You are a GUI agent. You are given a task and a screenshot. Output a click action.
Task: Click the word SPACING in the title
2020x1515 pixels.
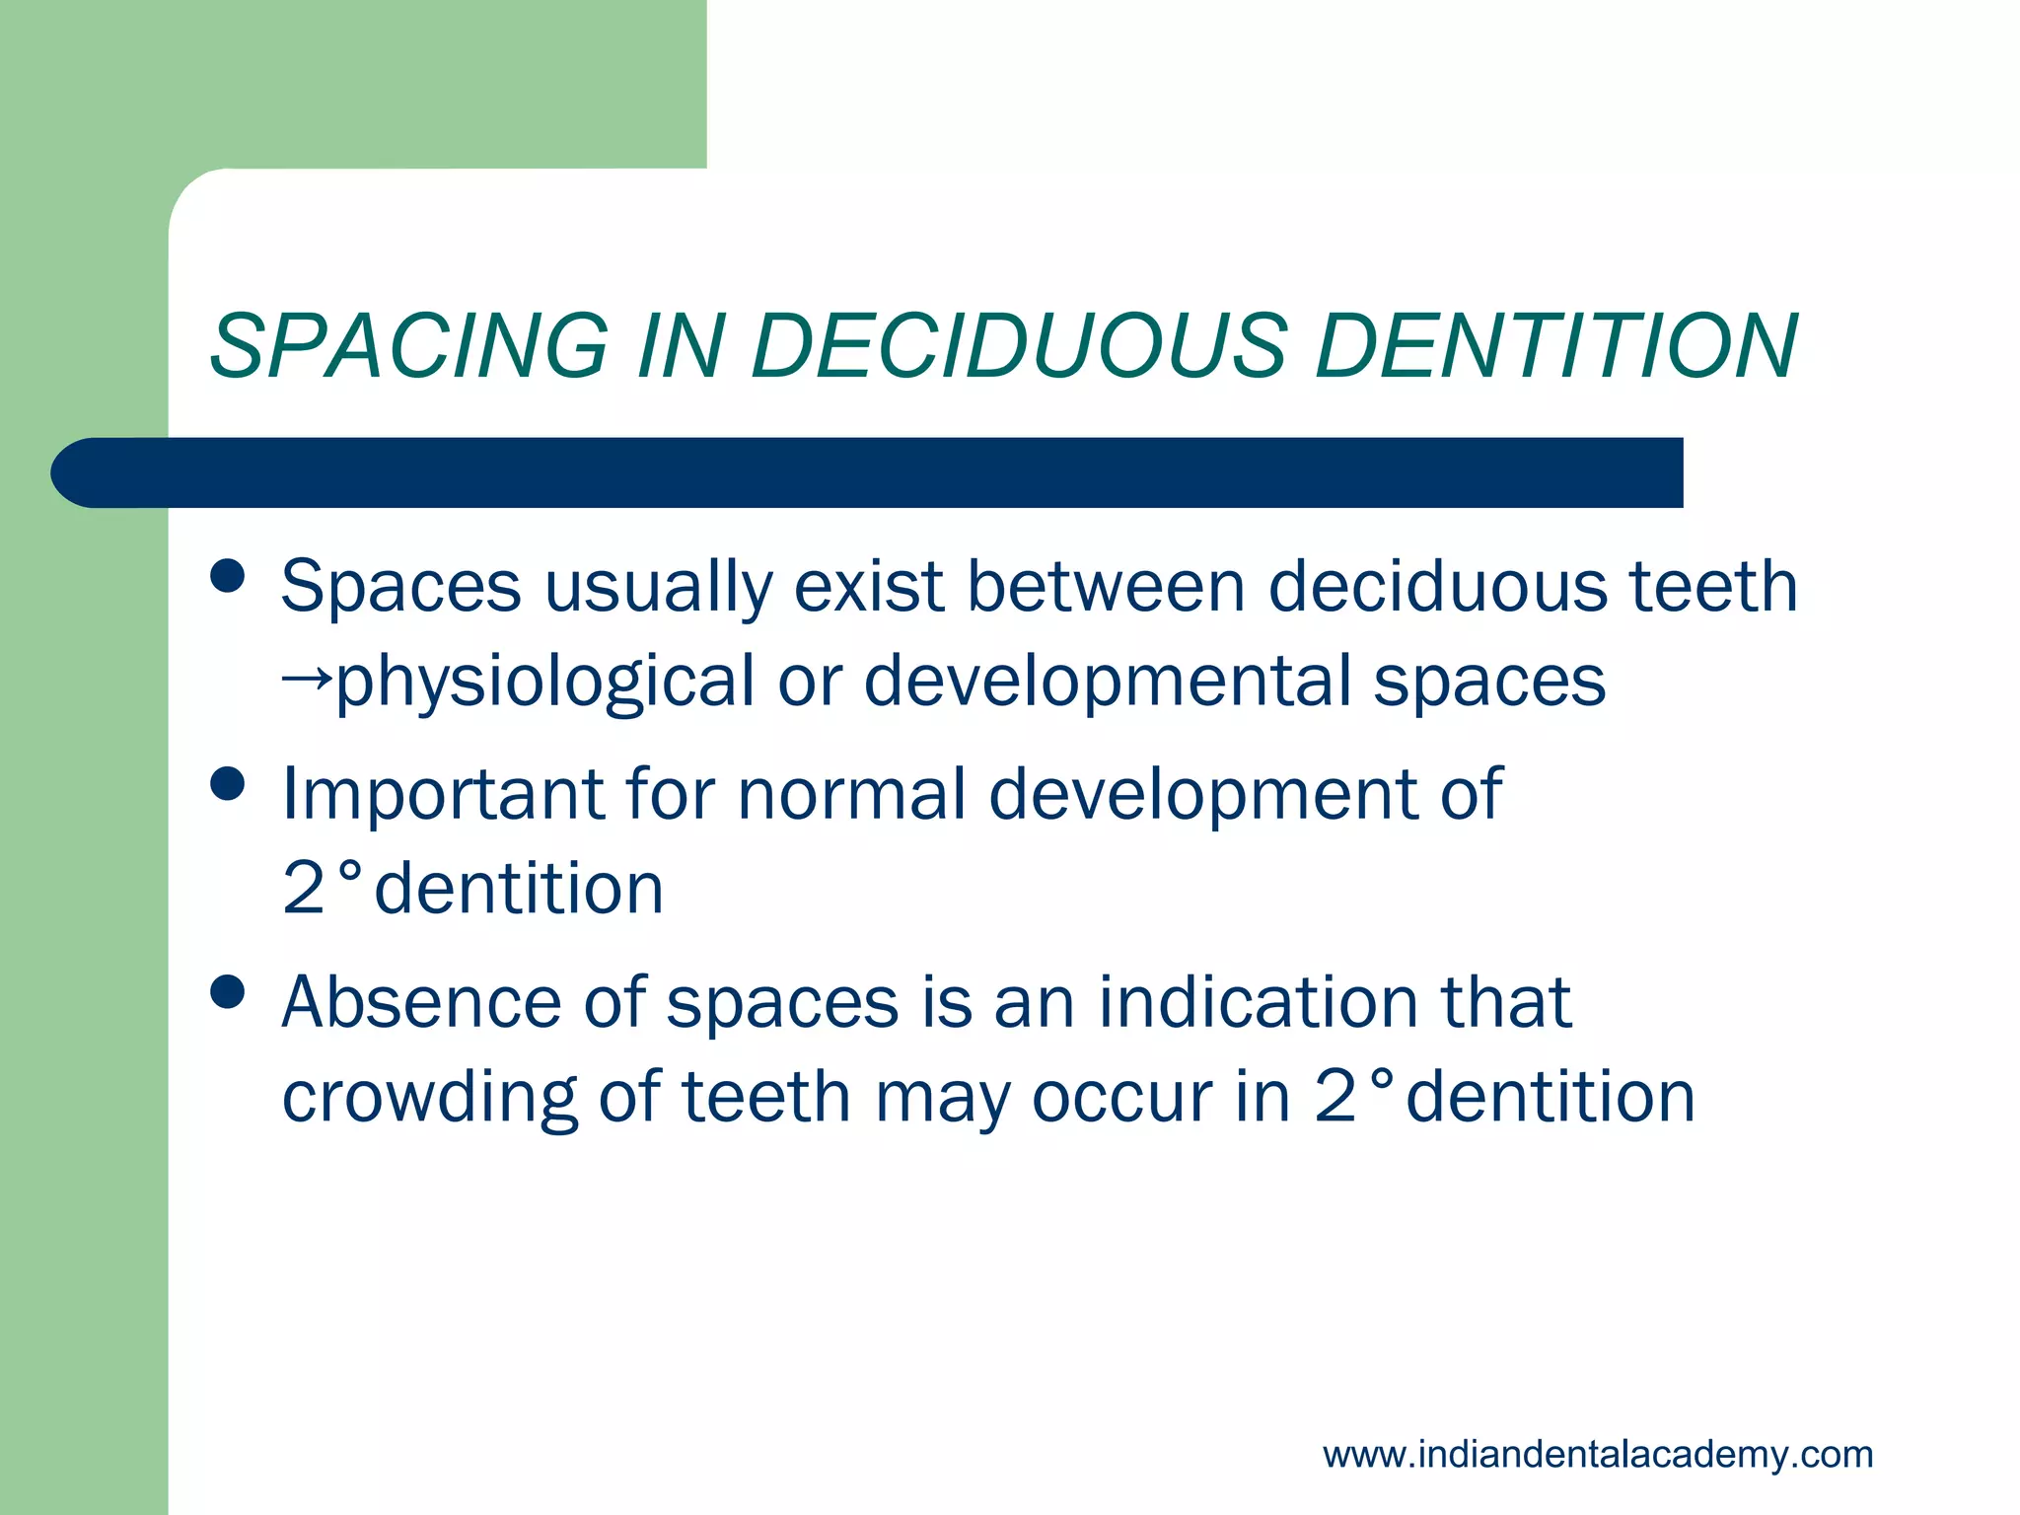point(409,346)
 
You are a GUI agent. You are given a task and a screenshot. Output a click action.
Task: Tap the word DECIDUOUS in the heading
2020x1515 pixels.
point(1019,346)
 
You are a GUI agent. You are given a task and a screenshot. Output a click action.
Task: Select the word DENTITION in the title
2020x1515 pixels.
point(1556,346)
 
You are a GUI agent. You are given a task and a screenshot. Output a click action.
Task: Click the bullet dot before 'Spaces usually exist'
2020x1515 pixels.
point(228,576)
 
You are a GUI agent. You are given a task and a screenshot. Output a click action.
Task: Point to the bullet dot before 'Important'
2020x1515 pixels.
point(228,785)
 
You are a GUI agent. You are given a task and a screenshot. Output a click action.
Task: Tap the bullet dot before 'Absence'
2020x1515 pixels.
point(228,992)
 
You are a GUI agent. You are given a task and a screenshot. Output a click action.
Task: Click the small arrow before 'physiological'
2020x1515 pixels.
point(307,680)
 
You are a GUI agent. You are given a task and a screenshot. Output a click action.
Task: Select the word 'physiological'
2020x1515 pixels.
point(544,683)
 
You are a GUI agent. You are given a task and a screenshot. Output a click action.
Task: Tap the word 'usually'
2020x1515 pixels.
point(658,589)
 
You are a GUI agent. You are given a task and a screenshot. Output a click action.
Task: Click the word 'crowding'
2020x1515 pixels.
point(429,1098)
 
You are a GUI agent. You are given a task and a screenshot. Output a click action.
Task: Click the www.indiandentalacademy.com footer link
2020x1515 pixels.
point(1598,1454)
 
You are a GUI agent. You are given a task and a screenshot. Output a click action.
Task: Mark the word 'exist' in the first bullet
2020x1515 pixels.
point(870,587)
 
